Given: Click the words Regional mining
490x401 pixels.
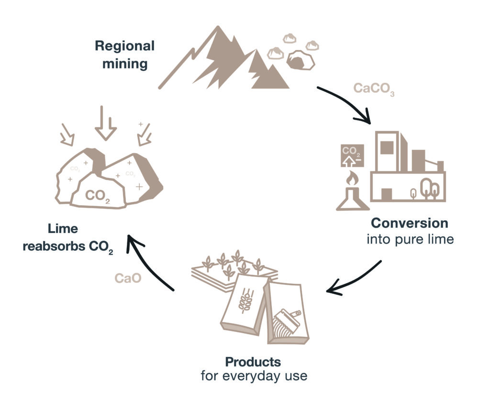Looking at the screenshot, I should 124,55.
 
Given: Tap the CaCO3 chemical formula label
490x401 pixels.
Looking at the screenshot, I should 374,89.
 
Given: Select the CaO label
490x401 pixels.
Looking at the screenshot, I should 128,278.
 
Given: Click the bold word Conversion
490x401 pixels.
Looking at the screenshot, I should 410,223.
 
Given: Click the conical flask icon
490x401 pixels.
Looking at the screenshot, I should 353,199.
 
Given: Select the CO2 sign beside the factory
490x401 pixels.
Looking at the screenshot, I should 351,156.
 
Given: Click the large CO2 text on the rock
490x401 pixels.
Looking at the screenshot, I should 97,196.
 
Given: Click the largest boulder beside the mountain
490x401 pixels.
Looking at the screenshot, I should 300,61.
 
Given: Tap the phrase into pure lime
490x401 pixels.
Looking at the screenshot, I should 410,239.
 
